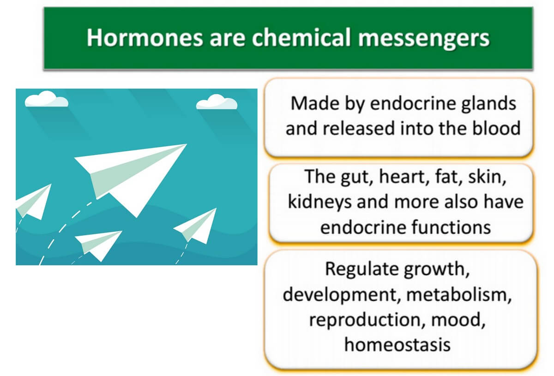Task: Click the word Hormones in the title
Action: click(x=145, y=37)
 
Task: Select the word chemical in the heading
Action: click(x=301, y=37)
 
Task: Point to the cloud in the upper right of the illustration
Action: click(x=217, y=102)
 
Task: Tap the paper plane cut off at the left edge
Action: click(x=33, y=202)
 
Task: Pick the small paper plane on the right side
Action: click(x=195, y=226)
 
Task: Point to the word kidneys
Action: click(x=319, y=203)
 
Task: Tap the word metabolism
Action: click(x=459, y=295)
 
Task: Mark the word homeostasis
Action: click(x=397, y=344)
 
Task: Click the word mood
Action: click(x=458, y=320)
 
